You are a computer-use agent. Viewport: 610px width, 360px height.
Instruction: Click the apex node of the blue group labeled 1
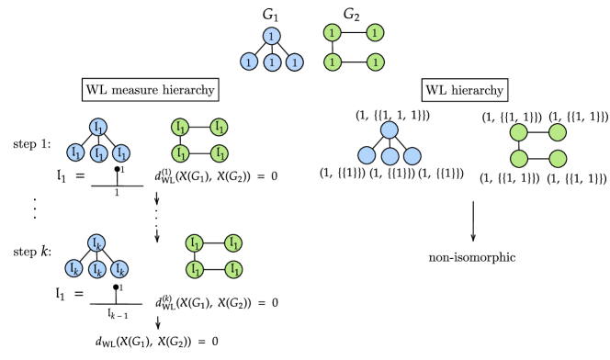point(271,36)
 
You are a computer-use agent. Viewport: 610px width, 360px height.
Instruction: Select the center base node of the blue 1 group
point(272,62)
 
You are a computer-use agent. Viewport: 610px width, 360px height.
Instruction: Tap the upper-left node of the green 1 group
point(332,33)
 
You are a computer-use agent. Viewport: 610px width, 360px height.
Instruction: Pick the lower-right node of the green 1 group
point(375,62)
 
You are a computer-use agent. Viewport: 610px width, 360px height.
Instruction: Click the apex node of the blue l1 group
point(98,128)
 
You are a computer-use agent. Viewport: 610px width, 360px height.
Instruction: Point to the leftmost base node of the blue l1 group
point(75,152)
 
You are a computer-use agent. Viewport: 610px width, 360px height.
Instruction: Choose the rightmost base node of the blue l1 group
point(121,153)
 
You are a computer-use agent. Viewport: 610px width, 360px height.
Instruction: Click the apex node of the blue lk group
point(96,243)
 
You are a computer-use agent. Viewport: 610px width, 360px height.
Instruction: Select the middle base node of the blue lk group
point(97,269)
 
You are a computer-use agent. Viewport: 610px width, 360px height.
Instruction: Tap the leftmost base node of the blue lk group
point(73,268)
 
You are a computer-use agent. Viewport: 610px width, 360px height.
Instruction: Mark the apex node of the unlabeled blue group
point(390,130)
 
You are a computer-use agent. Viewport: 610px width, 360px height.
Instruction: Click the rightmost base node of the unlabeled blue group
point(412,156)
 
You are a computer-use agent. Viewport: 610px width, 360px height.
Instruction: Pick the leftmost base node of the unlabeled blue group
point(367,155)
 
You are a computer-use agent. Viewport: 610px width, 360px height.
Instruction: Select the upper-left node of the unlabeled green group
point(519,132)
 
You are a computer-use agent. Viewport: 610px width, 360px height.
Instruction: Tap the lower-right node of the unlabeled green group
point(558,159)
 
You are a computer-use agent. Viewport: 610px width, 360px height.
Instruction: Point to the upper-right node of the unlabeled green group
point(558,132)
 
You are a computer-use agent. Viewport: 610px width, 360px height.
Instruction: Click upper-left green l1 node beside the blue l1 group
point(180,128)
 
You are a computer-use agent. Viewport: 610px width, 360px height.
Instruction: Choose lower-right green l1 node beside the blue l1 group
point(219,153)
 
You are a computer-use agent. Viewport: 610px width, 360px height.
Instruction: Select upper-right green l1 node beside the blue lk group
point(233,243)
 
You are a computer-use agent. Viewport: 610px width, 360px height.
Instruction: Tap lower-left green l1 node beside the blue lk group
point(195,269)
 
